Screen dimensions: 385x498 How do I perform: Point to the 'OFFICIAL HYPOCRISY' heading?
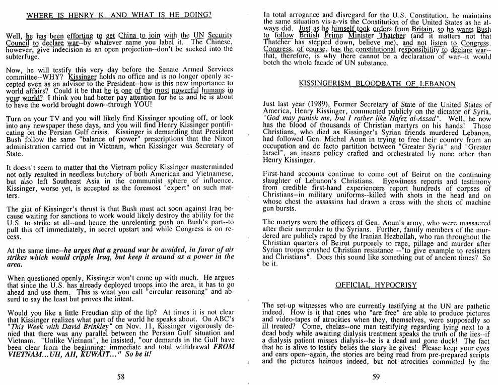(x=376, y=285)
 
